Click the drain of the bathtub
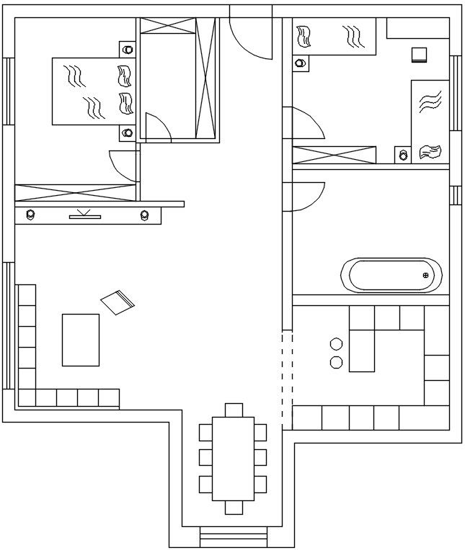(425, 275)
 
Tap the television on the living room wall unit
(85, 213)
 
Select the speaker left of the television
(30, 214)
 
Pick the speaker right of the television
(145, 214)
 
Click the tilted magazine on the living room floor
(118, 302)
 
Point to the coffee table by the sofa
(81, 340)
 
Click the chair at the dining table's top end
(234, 410)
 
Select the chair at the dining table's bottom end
(234, 508)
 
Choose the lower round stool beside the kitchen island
(336, 362)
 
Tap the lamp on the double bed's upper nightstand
(128, 50)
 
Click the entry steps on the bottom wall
(233, 536)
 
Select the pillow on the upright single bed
(430, 150)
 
